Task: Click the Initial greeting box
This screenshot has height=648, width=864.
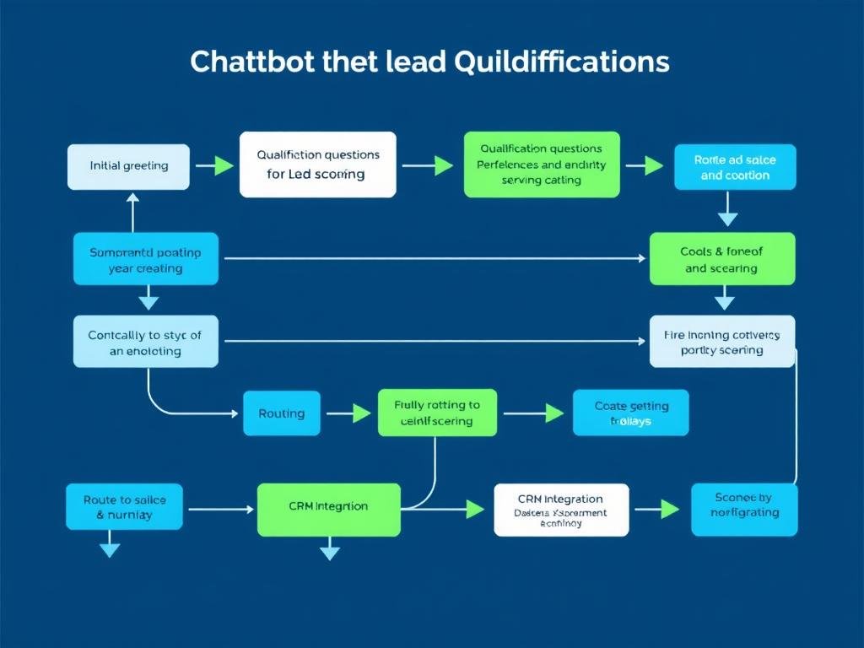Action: [129, 166]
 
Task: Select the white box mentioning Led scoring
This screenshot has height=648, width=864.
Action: [317, 165]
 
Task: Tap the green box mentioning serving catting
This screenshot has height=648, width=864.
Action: [542, 165]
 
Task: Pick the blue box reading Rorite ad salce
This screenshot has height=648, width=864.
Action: [735, 167]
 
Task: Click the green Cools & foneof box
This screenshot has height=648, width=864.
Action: [722, 259]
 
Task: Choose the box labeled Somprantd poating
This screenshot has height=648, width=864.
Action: [146, 259]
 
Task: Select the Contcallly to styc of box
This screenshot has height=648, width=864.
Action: [145, 342]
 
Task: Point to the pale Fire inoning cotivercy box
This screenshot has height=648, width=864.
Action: [722, 342]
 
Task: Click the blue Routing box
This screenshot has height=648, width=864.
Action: [282, 413]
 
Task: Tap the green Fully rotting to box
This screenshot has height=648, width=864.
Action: [437, 413]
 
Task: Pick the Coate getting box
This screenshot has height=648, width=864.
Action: [631, 413]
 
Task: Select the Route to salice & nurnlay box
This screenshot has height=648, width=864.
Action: [125, 506]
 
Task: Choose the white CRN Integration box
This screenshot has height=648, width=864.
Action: [561, 510]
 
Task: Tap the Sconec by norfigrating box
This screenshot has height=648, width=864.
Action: [744, 510]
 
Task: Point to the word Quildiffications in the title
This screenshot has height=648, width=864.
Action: [561, 62]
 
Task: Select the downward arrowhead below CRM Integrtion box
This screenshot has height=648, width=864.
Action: [330, 553]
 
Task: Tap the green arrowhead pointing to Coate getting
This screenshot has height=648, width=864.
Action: [554, 413]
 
